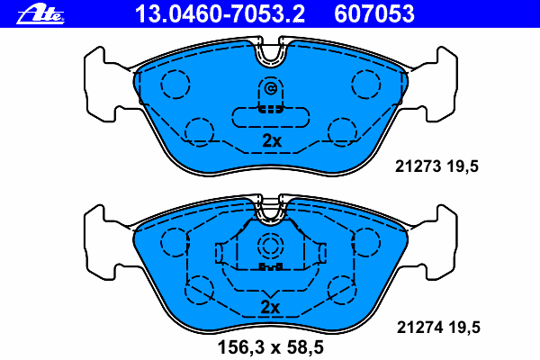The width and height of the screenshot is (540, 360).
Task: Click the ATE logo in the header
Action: pos(40,14)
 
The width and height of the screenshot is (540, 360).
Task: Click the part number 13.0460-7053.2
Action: pos(220,14)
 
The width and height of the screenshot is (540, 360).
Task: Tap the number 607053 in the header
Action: pos(374,14)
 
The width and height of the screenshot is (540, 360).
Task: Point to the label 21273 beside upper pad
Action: pos(418,166)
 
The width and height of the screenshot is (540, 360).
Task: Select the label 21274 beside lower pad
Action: pos(419,328)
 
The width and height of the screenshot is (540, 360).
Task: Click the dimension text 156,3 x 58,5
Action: pos(271,347)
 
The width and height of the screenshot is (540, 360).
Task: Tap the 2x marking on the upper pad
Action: pos(272,140)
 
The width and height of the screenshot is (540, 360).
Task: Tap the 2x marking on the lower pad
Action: pos(270,307)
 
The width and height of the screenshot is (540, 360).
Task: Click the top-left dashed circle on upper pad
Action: pos(175,85)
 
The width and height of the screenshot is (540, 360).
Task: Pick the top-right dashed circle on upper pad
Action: pos(366,85)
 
